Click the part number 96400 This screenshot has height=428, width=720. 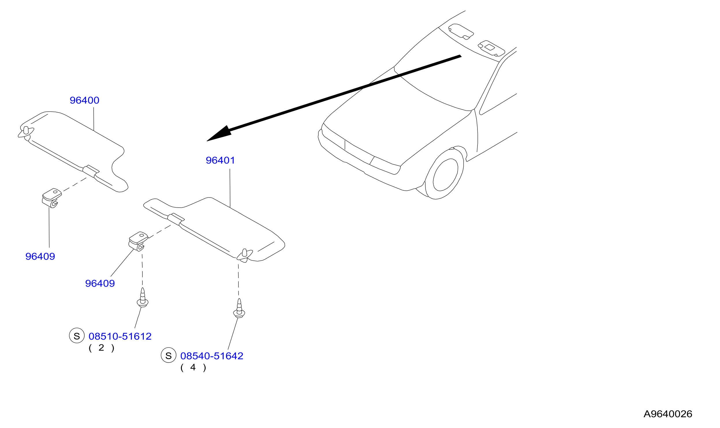[84, 100]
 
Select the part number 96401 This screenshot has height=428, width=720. [220, 160]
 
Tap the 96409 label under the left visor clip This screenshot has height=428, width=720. [40, 256]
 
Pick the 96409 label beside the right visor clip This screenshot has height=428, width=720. [100, 284]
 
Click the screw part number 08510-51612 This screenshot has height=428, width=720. [120, 336]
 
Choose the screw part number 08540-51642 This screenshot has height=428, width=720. [212, 356]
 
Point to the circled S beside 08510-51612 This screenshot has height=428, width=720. [77, 336]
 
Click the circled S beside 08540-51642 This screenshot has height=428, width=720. [169, 355]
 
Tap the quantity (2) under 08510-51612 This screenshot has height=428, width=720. [101, 348]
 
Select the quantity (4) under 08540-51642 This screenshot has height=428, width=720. [193, 367]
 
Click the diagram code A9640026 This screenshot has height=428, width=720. [668, 414]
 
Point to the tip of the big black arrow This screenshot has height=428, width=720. [207, 141]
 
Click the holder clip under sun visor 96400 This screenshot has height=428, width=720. [52, 198]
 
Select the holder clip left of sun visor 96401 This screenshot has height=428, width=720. [138, 241]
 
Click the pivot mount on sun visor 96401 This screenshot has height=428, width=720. [245, 256]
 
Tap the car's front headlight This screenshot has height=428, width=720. [385, 166]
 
